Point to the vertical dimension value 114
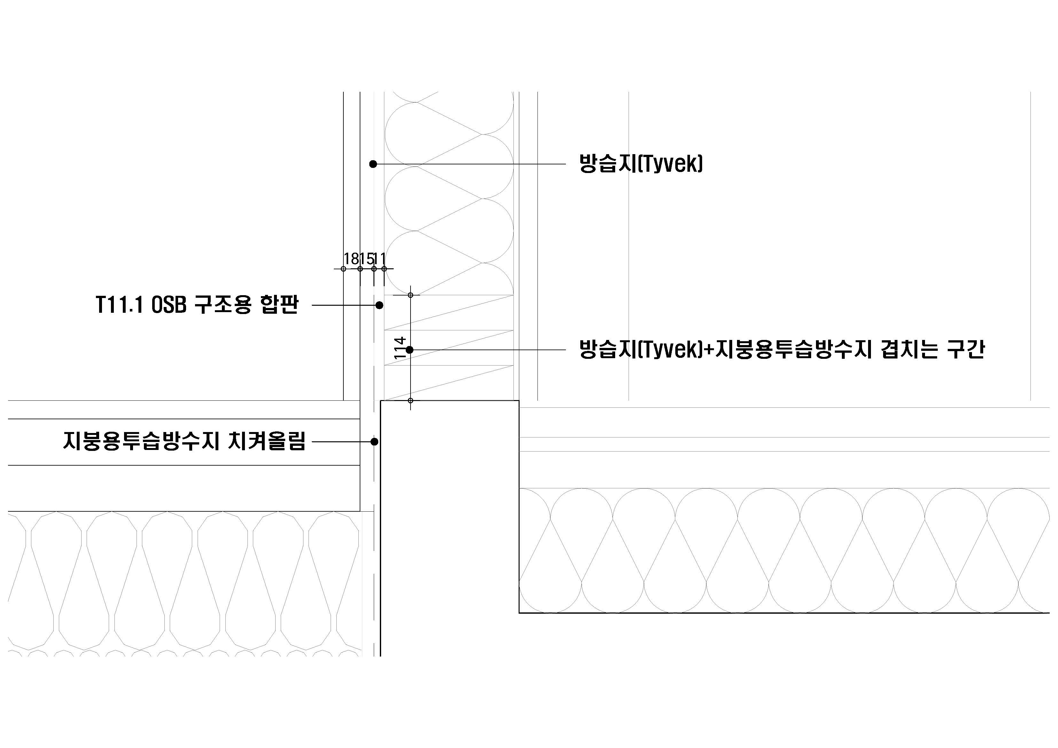[x=400, y=348]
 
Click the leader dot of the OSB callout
[x=379, y=305]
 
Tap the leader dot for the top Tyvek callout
[x=373, y=164]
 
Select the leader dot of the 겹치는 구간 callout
[x=409, y=350]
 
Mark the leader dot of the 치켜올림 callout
[x=374, y=442]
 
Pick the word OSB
[x=168, y=305]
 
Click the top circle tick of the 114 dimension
[x=411, y=295]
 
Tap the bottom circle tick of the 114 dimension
[x=411, y=400]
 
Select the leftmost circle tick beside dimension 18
[x=343, y=269]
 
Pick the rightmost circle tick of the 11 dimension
[x=384, y=269]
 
